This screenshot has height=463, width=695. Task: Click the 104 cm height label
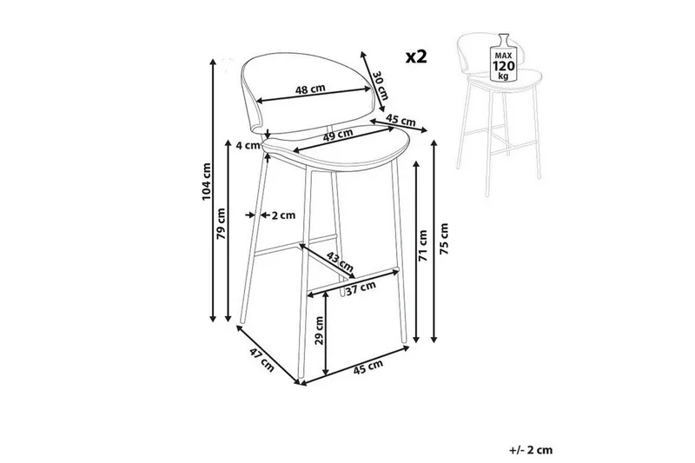click(x=207, y=182)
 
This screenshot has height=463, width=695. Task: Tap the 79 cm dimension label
click(x=222, y=223)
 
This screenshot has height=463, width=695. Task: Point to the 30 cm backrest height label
click(x=381, y=85)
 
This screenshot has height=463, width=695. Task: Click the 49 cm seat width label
click(x=338, y=135)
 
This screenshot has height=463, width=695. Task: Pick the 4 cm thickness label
click(x=247, y=145)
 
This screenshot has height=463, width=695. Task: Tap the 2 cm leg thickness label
click(x=283, y=215)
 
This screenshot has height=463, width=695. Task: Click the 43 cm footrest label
click(x=340, y=261)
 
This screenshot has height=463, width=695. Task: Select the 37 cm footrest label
click(x=361, y=288)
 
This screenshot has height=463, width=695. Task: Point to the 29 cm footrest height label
click(x=320, y=330)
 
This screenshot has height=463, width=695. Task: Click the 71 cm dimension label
click(x=423, y=245)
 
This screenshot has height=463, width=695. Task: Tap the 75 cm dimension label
click(x=444, y=238)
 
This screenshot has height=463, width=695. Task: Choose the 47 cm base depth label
click(x=261, y=360)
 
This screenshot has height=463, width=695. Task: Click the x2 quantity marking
click(x=416, y=56)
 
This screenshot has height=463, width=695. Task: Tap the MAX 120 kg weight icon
click(x=504, y=57)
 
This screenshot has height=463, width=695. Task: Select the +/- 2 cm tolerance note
click(x=531, y=450)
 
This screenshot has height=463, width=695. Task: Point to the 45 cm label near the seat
click(x=400, y=120)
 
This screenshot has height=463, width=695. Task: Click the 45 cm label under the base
click(x=367, y=367)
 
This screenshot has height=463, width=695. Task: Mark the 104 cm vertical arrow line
click(x=213, y=190)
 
